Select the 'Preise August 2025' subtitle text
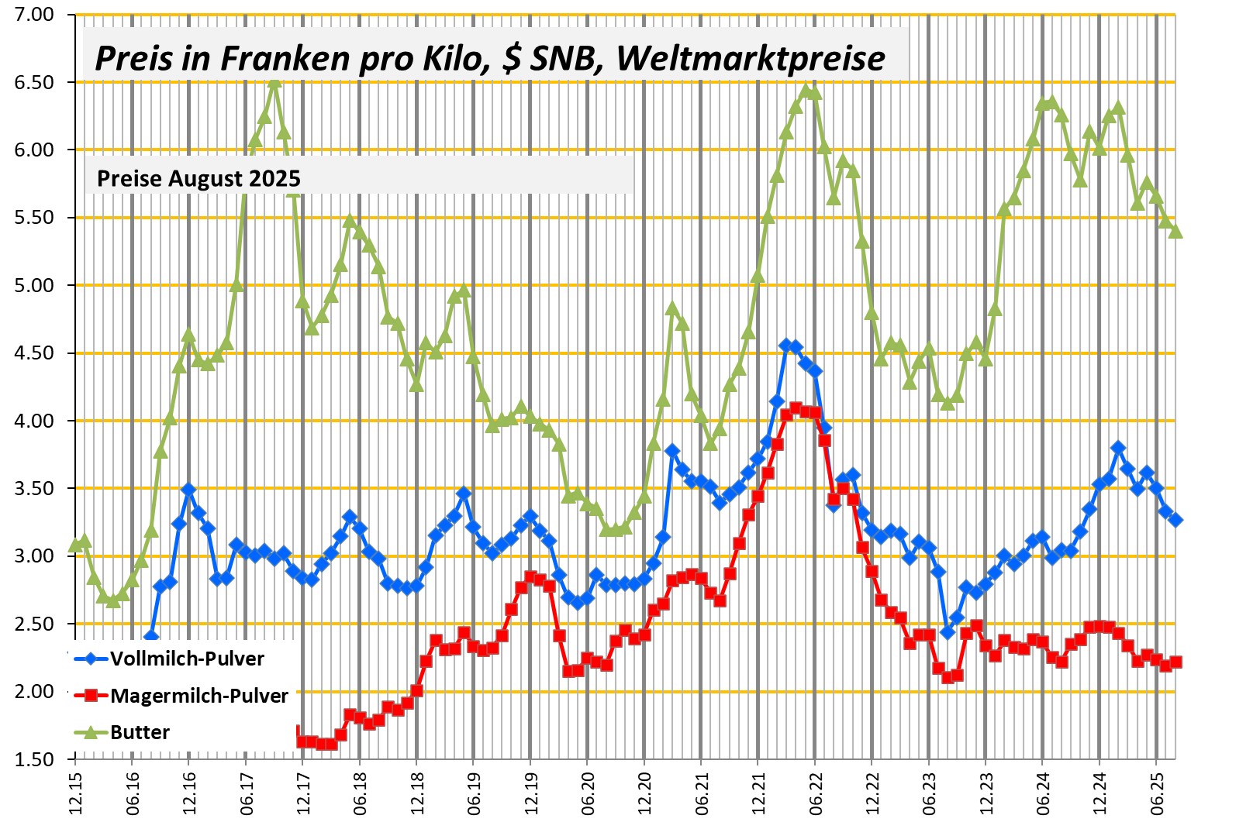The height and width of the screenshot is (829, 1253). click(198, 178)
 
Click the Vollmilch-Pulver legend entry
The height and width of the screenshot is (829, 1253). click(187, 659)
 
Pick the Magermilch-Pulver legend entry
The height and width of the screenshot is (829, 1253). click(198, 696)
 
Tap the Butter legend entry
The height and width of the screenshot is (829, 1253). click(140, 732)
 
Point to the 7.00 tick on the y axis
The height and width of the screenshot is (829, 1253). click(34, 15)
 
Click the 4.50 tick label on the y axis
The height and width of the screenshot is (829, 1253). click(34, 353)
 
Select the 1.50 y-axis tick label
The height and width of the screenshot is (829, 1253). click(34, 759)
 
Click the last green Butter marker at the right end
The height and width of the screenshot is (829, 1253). click(1175, 231)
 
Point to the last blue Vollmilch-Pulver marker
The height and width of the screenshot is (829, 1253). click(1175, 520)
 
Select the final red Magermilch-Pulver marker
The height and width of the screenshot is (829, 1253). click(1175, 662)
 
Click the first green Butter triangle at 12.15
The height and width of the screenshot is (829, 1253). click(75, 545)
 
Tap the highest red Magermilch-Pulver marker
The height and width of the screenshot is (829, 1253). click(796, 408)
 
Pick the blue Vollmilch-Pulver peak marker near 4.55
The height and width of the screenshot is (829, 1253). click(786, 346)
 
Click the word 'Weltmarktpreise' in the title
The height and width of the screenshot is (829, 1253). click(751, 58)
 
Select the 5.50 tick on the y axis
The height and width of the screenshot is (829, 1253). click(34, 218)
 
